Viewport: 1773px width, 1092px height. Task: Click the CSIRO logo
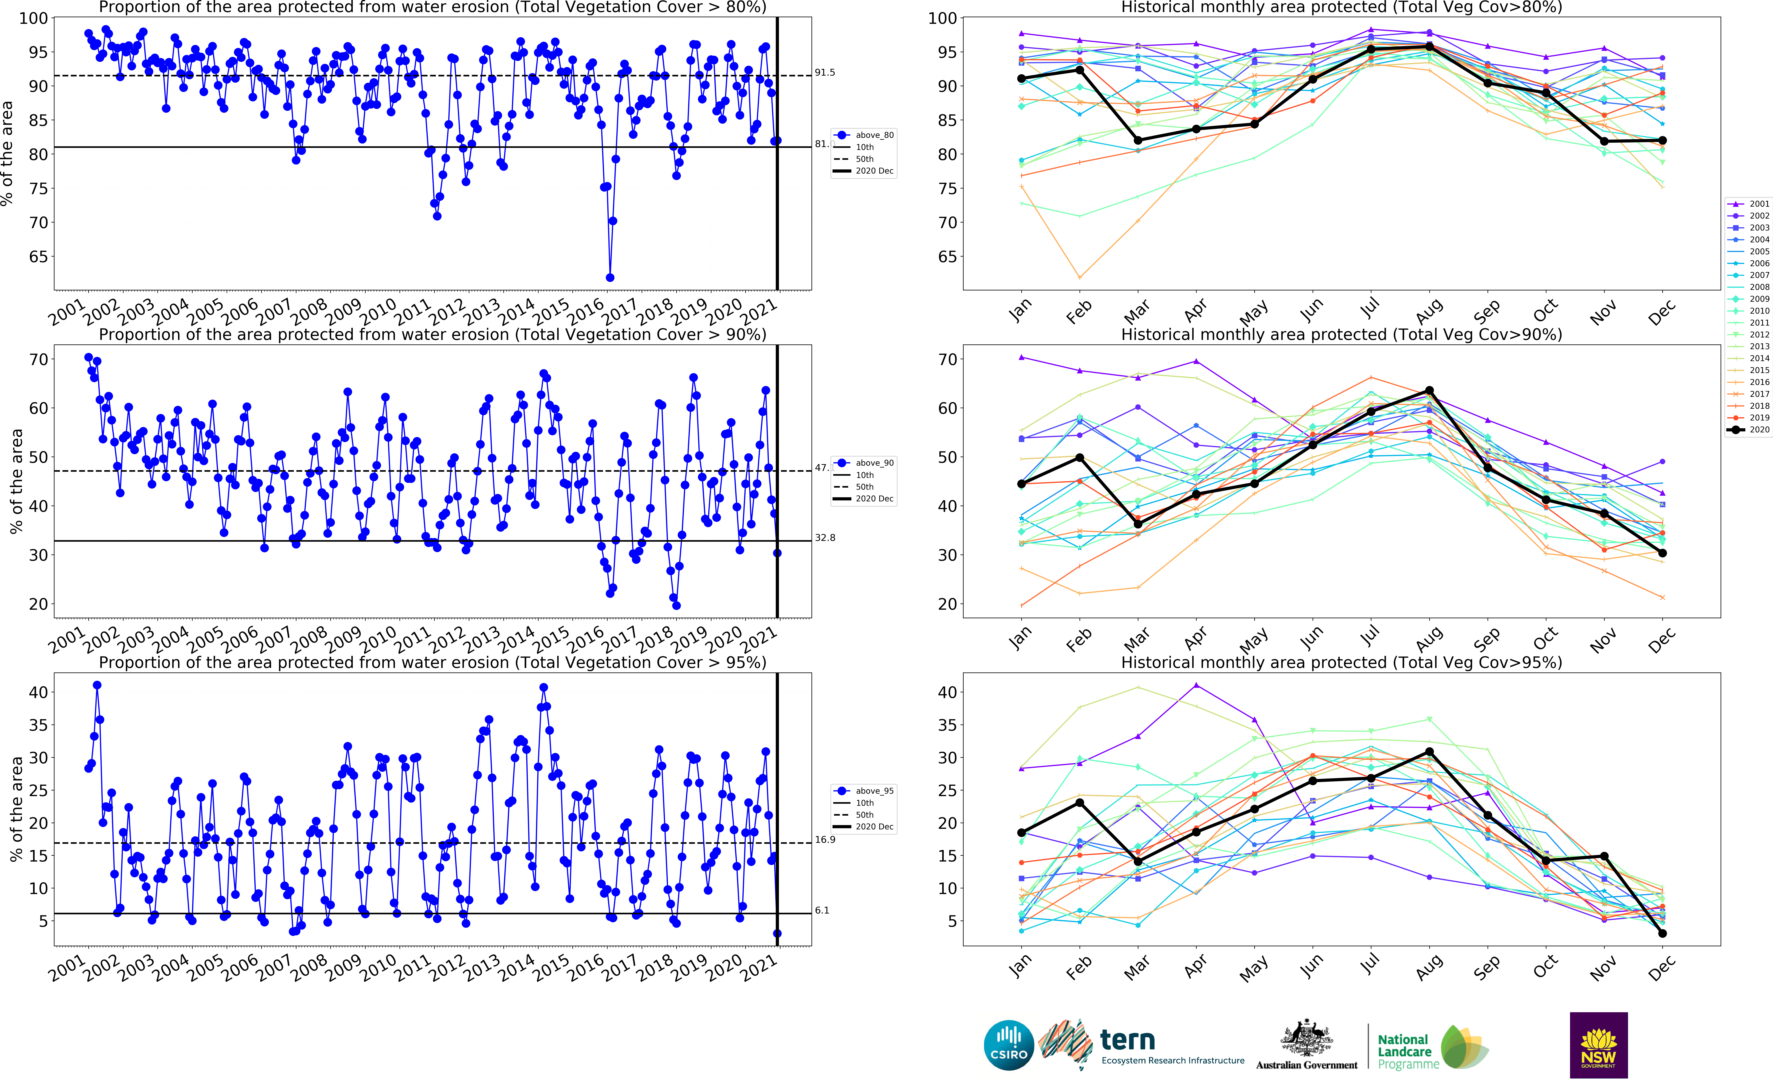(x=1009, y=1045)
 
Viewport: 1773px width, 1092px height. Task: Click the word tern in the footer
(x=1127, y=1041)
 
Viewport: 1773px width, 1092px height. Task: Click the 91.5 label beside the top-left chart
(x=824, y=72)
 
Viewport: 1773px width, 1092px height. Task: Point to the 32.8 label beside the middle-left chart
(x=824, y=537)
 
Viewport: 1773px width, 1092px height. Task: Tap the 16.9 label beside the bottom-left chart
(x=824, y=839)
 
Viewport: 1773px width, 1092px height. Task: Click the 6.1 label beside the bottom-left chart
(x=822, y=910)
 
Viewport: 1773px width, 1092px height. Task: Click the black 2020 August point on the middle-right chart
(x=1429, y=391)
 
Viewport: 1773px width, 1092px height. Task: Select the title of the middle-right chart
(x=1341, y=334)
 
